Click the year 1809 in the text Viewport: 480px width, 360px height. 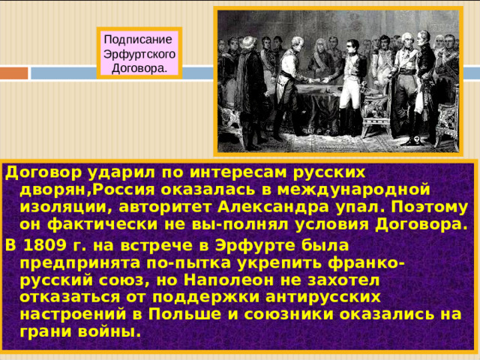(x=46, y=245)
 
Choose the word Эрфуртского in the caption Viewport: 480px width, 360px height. (x=139, y=55)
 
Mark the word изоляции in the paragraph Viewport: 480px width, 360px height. (x=61, y=206)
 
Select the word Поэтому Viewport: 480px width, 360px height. (x=438, y=206)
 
